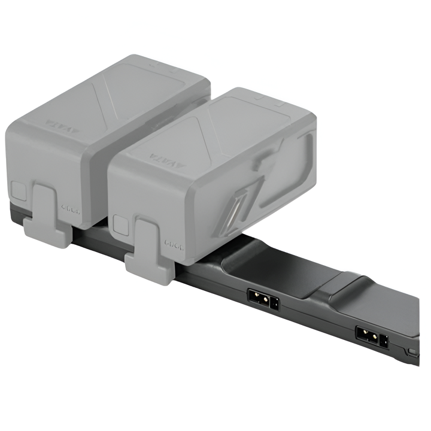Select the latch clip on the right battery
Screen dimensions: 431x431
tap(150, 251)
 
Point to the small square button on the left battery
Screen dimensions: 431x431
tap(19, 192)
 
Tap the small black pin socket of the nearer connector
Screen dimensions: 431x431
tap(274, 303)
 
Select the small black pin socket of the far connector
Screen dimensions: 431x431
tap(384, 341)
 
